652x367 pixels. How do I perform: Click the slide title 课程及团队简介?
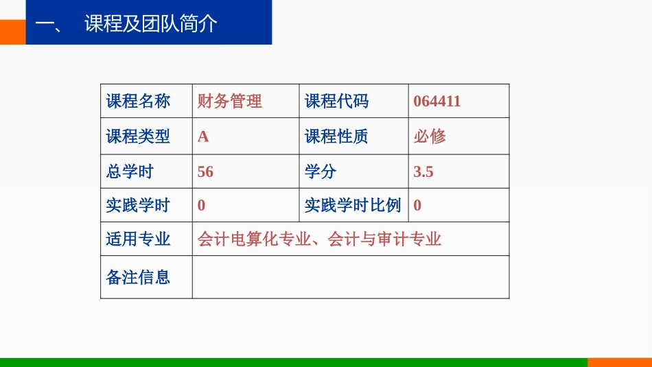click(151, 24)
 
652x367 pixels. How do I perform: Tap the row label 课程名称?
click(138, 102)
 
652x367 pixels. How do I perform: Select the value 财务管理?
click(230, 102)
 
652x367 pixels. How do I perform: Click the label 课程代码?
click(336, 102)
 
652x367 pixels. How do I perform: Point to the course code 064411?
click(437, 102)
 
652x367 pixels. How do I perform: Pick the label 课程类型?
click(138, 137)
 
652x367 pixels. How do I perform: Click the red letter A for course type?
click(203, 137)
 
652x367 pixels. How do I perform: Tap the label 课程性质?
click(336, 137)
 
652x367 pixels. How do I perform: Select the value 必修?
click(430, 137)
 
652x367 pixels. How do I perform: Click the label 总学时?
click(130, 171)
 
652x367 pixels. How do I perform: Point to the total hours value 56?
click(205, 171)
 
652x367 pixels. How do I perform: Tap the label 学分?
click(321, 171)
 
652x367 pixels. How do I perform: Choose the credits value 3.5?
click(423, 171)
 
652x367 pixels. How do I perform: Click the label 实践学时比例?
click(353, 205)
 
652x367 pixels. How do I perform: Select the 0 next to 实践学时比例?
click(417, 205)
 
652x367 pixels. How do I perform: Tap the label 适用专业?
click(138, 239)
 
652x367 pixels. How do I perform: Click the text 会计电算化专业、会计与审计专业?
click(319, 239)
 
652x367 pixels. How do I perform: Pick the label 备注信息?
click(138, 277)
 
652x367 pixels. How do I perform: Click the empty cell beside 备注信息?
click(350, 277)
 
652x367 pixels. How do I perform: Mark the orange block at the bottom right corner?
click(619, 362)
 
